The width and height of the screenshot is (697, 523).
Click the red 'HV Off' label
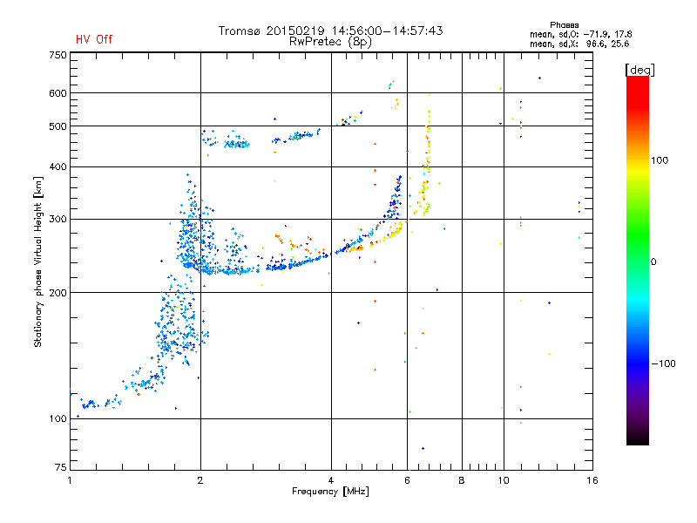click(x=94, y=39)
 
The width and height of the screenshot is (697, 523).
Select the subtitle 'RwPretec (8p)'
click(x=330, y=42)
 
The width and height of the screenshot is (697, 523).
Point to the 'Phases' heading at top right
click(x=564, y=25)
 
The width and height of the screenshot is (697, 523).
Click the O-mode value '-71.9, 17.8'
click(x=607, y=34)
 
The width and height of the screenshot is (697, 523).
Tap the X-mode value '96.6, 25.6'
click(x=607, y=44)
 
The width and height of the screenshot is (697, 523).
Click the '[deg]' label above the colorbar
click(x=639, y=70)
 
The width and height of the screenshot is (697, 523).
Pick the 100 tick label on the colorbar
click(x=660, y=160)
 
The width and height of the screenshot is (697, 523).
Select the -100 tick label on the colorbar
click(x=663, y=363)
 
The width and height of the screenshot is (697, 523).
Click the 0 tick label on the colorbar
click(x=653, y=261)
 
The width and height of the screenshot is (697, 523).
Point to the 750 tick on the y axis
click(x=58, y=55)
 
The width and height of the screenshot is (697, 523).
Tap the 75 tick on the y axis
click(x=61, y=467)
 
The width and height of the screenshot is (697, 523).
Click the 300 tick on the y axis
click(x=58, y=219)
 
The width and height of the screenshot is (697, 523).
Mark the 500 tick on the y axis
click(x=58, y=126)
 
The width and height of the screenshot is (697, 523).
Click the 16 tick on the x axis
click(x=592, y=480)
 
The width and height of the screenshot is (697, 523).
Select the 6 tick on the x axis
click(x=407, y=480)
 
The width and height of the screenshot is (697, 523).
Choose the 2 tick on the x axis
click(x=200, y=480)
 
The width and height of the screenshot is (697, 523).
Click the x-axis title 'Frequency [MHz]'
click(x=330, y=492)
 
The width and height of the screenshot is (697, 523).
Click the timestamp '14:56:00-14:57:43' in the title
click(x=387, y=31)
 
